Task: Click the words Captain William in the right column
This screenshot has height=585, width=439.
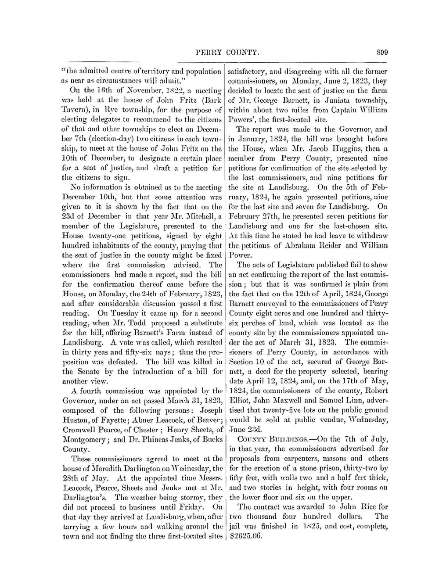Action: [360, 110]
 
